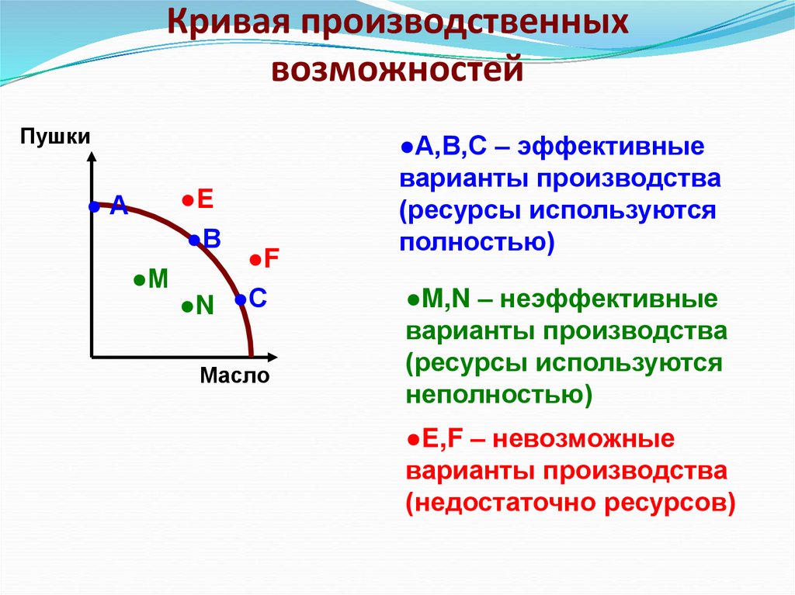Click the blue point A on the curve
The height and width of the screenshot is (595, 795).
[x=94, y=206]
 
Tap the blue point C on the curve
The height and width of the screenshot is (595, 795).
[x=241, y=299]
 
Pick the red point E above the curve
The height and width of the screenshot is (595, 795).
[x=187, y=200]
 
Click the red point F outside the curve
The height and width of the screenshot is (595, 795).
[x=254, y=260]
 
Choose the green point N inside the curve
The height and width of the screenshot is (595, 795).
[x=186, y=307]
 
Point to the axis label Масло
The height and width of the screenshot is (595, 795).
[x=234, y=377]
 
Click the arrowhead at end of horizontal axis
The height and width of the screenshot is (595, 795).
[x=271, y=357]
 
